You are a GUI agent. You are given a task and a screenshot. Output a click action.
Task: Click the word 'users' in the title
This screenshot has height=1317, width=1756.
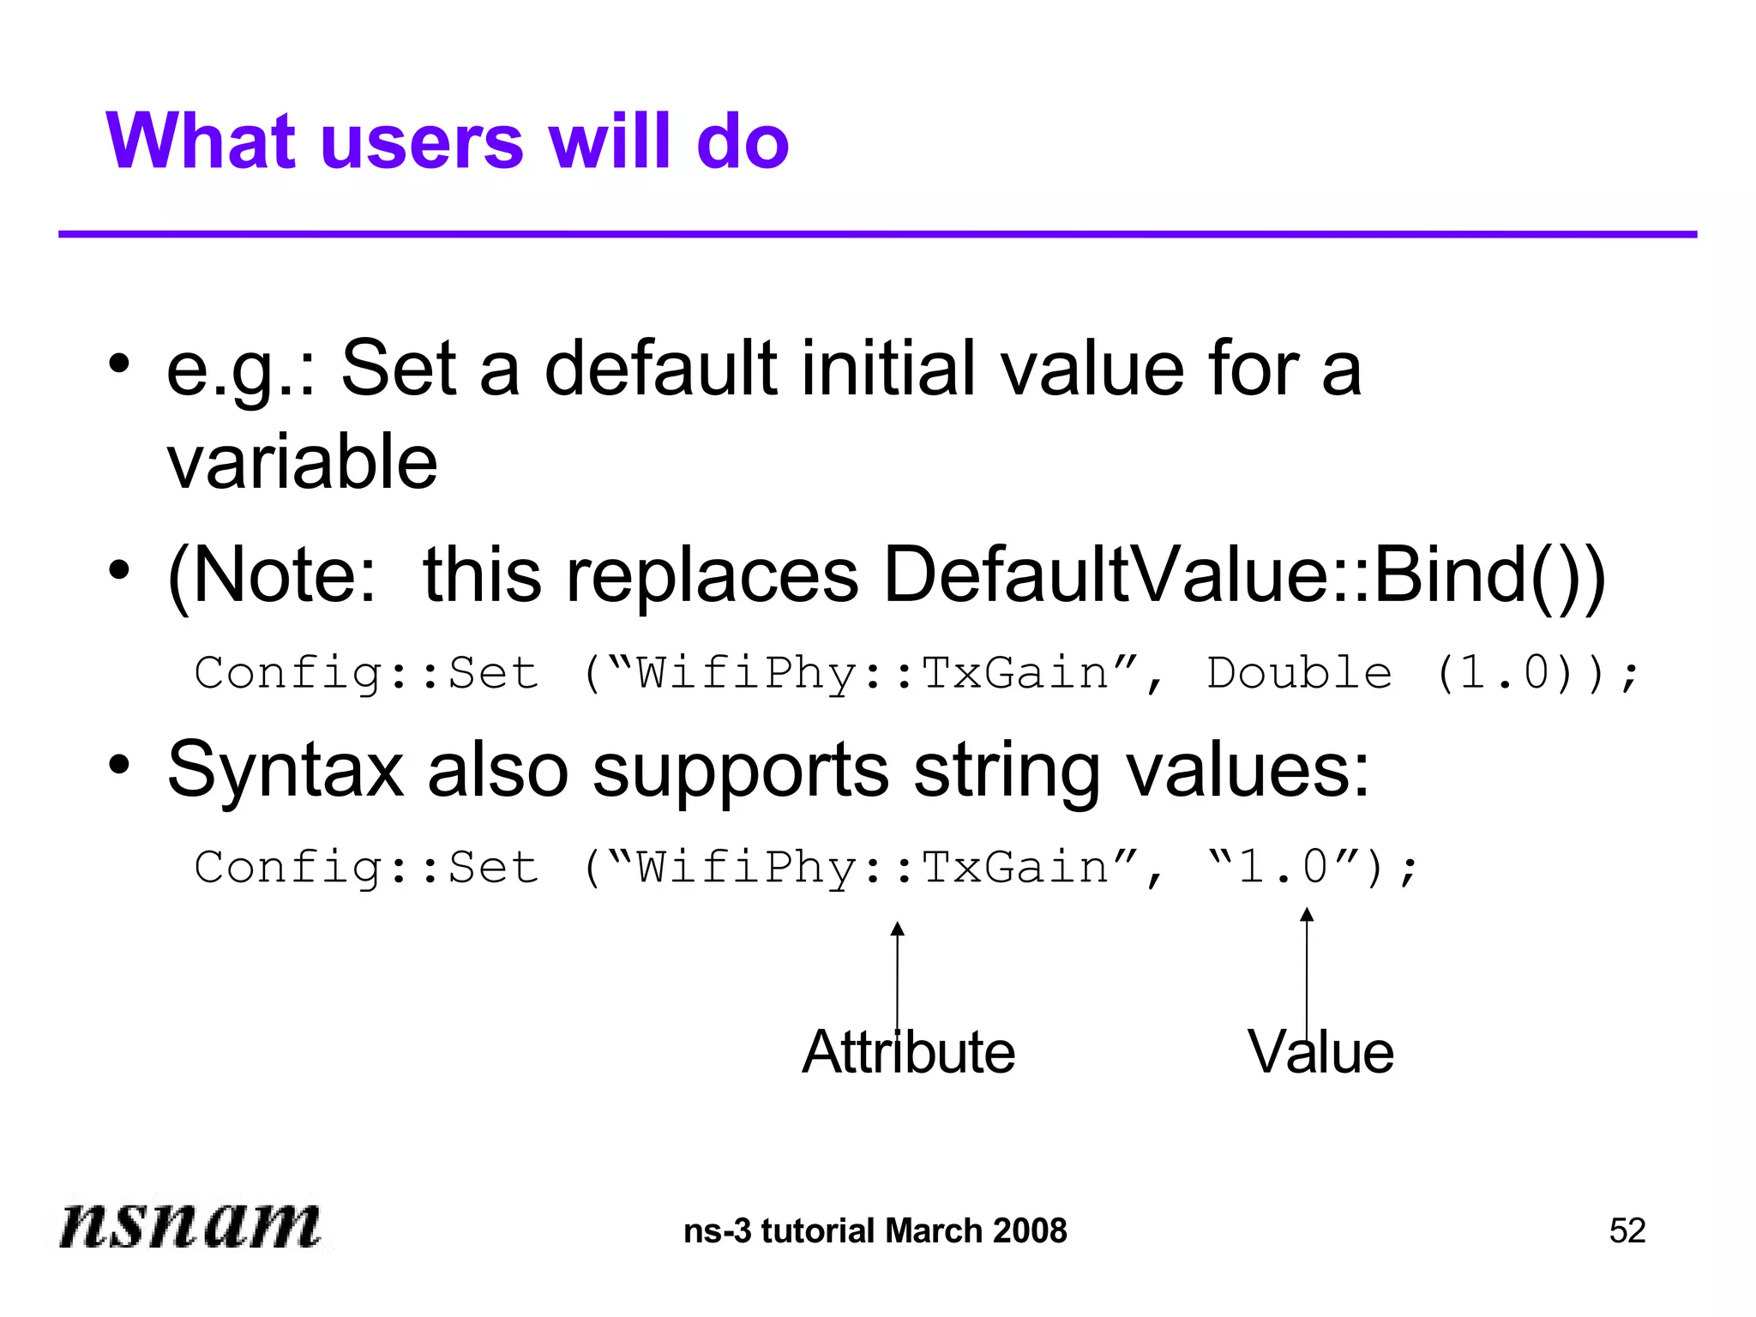click(x=420, y=142)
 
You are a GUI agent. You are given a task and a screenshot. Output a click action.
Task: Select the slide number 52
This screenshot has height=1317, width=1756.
click(x=1627, y=1231)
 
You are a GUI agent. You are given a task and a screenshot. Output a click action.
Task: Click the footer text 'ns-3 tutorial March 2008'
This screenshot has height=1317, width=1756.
click(x=875, y=1231)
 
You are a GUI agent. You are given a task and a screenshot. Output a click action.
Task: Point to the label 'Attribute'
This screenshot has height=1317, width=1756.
click(x=908, y=1053)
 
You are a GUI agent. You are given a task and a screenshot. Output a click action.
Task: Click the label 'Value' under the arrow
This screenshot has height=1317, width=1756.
click(x=1320, y=1053)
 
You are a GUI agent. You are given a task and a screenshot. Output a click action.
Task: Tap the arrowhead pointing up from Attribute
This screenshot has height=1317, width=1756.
click(x=897, y=929)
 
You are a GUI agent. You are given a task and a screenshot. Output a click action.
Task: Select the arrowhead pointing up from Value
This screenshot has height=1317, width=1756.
click(x=1307, y=915)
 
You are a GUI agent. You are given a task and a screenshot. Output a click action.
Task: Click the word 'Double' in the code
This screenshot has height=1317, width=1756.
click(x=1299, y=673)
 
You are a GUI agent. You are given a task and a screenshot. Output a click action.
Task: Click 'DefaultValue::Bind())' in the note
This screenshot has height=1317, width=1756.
click(x=1244, y=575)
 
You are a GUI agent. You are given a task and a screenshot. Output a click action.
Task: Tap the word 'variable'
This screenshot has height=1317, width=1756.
click(x=302, y=462)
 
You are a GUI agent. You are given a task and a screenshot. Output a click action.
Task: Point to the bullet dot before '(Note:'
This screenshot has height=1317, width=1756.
click(x=119, y=568)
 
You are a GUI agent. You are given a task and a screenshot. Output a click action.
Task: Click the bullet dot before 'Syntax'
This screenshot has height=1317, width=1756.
click(x=119, y=763)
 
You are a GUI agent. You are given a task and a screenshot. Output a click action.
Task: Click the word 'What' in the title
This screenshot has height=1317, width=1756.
click(x=202, y=142)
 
